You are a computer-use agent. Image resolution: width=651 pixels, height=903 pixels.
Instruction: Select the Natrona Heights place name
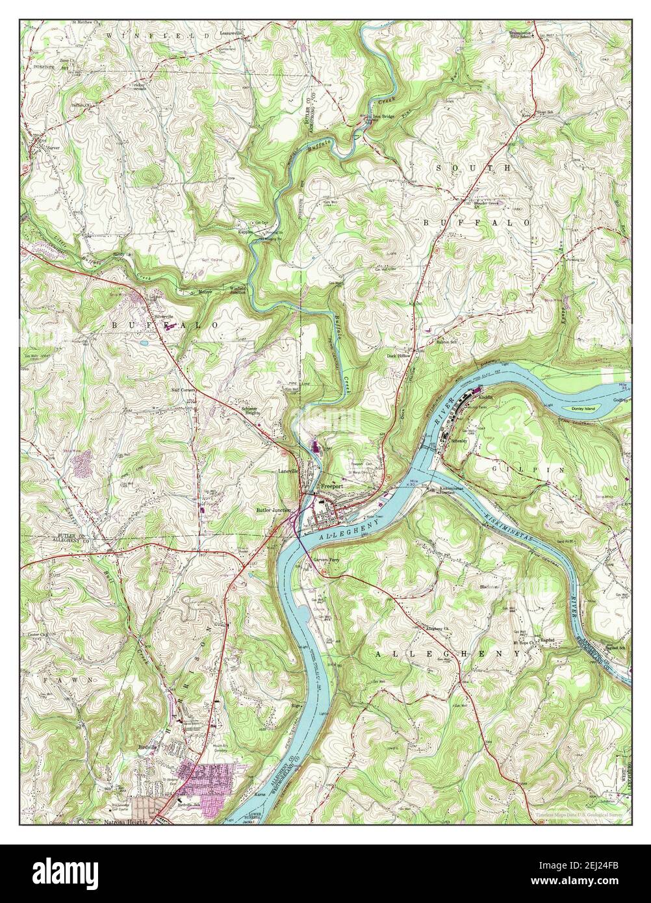[x=126, y=821]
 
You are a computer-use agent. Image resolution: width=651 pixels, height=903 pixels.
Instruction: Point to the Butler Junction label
[x=274, y=511]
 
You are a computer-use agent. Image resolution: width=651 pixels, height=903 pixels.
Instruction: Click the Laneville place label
[x=288, y=470]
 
